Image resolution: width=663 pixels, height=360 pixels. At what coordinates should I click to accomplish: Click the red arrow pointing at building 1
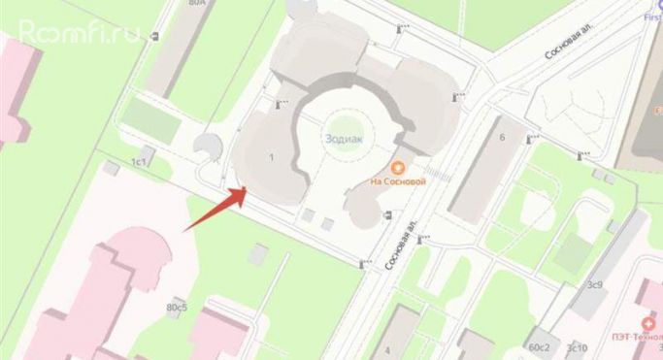point(214,210)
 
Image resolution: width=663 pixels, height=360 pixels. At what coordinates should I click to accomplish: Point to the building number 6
point(502,138)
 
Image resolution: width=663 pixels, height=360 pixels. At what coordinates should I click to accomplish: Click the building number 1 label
point(272,157)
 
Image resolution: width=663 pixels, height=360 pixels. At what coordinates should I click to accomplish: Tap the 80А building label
point(199,4)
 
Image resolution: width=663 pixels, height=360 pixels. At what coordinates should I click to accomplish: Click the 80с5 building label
point(177,308)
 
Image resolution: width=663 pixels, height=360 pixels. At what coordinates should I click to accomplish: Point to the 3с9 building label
point(594,285)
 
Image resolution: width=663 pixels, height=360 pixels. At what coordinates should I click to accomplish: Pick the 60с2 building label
point(539,346)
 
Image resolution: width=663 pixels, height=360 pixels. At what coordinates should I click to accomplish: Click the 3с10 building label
point(577,346)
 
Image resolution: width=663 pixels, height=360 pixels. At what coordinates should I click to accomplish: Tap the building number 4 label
point(386,349)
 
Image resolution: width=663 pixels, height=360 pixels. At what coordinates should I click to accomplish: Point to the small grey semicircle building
point(207,147)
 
